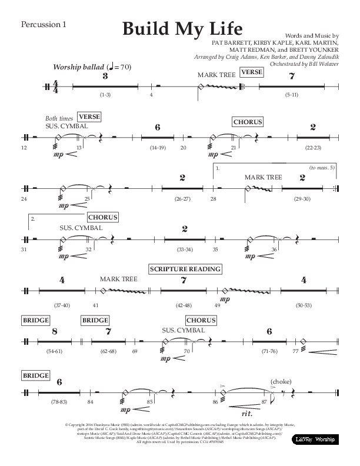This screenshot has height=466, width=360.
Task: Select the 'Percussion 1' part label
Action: (44, 24)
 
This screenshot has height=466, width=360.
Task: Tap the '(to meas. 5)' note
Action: (322, 168)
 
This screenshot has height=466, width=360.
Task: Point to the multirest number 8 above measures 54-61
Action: (54, 331)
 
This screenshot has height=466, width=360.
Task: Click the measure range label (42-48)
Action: (184, 306)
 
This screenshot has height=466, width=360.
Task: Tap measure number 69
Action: (135, 351)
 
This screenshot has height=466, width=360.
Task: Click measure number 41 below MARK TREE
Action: (95, 306)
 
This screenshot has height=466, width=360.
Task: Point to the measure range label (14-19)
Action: (158, 147)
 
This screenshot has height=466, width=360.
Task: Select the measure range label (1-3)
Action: (105, 95)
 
